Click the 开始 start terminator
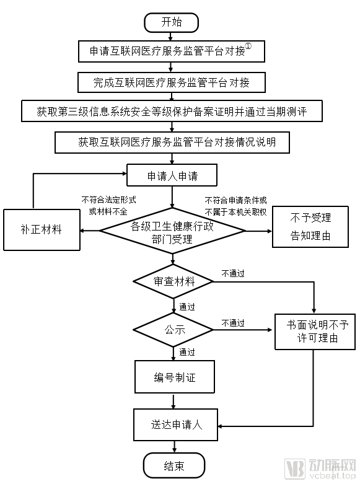coord(172,22)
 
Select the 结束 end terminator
coord(173,465)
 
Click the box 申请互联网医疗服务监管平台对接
coord(172,51)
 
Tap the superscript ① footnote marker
coord(248,47)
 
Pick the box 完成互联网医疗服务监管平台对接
coord(172,82)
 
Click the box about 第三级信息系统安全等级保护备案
coord(172,112)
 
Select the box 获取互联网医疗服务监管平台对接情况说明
coord(172,142)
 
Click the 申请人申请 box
coord(172,175)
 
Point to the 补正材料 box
coord(41,229)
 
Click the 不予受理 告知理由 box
coord(310,227)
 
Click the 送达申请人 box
coord(177,425)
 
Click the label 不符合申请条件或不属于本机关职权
coord(235,205)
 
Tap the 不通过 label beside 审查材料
coord(233,273)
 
